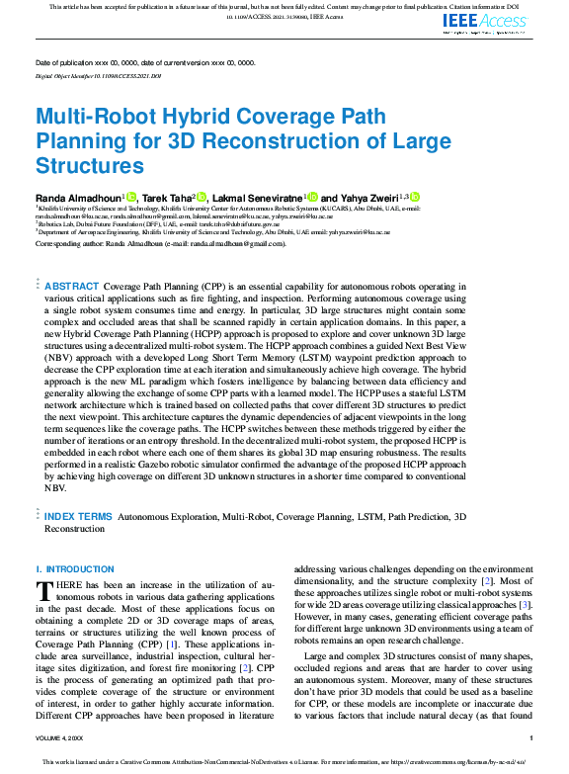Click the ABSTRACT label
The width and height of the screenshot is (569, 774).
click(72, 286)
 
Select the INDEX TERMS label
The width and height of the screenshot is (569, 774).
click(79, 517)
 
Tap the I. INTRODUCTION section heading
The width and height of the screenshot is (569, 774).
click(75, 569)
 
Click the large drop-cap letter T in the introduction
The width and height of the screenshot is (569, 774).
click(44, 591)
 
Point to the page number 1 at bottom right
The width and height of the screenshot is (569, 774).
click(531, 738)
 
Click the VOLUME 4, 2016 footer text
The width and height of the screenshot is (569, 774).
click(59, 738)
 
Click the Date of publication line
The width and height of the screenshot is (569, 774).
click(144, 62)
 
